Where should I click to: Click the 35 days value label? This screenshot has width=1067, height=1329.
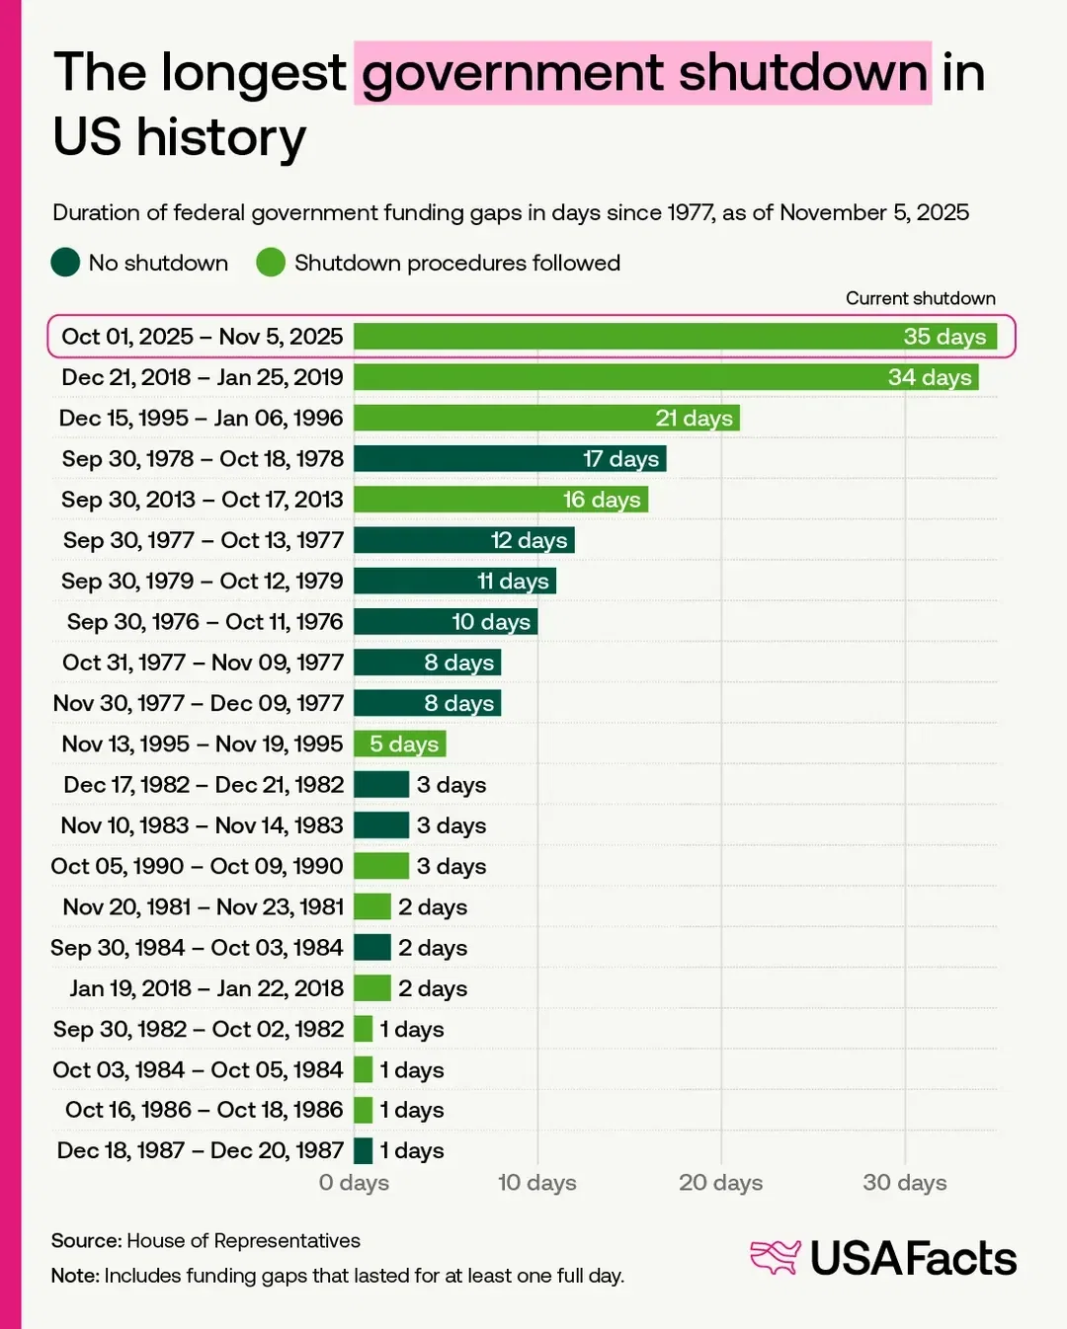[944, 337]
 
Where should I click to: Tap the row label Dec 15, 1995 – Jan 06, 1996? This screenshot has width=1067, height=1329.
[202, 418]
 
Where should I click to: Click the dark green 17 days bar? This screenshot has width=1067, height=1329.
[510, 459]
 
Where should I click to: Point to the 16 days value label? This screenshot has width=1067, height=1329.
[602, 500]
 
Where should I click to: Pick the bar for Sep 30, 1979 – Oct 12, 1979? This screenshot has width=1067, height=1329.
[454, 581]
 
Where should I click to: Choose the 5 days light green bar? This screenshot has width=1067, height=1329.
[399, 743]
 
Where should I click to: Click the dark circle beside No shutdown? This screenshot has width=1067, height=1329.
[65, 263]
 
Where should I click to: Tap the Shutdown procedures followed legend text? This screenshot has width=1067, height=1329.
[457, 263]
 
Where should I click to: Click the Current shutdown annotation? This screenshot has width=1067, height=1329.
[920, 298]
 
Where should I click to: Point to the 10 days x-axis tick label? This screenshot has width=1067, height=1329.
[536, 1182]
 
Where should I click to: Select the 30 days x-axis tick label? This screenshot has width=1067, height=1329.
[904, 1182]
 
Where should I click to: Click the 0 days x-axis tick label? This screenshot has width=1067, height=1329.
[354, 1182]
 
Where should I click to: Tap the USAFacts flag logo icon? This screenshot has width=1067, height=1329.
[775, 1257]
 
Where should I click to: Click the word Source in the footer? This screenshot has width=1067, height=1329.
[85, 1240]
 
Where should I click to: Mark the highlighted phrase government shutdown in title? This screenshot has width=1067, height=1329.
[643, 73]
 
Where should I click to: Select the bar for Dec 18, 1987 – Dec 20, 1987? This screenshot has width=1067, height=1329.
[364, 1150]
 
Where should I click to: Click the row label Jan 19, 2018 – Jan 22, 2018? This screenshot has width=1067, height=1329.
[206, 988]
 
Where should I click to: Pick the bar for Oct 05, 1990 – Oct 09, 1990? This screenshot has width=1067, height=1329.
[381, 866]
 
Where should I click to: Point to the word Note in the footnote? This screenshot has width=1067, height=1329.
[74, 1276]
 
